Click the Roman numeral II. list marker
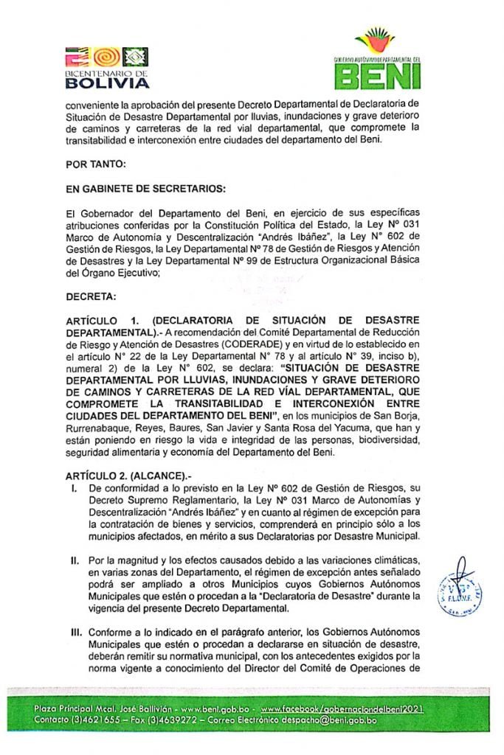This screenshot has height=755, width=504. coord(75,560)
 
